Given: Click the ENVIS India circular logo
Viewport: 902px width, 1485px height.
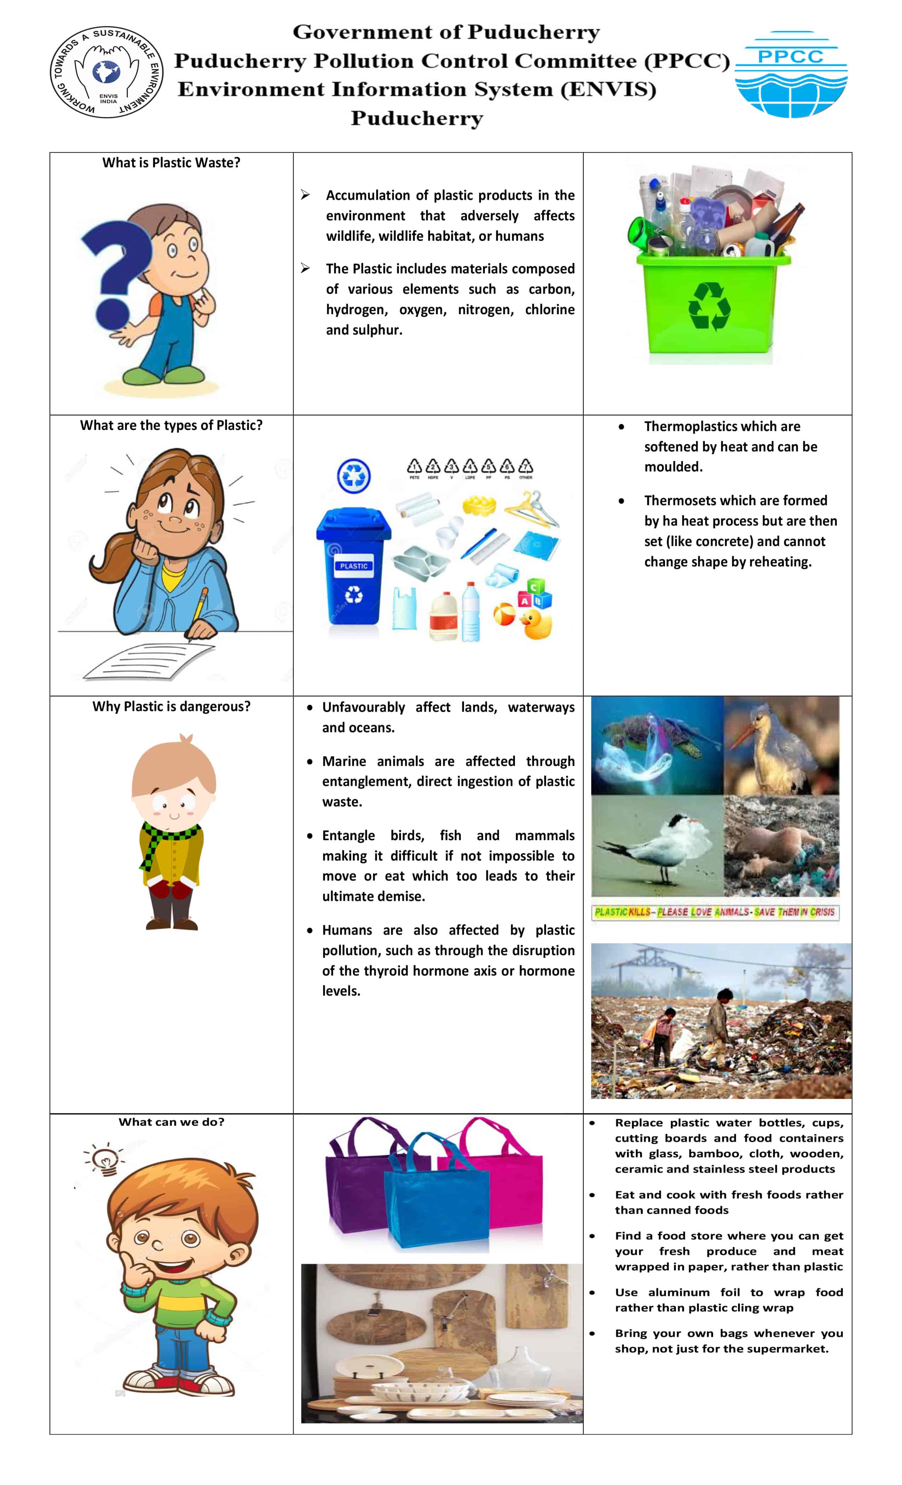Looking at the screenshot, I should [107, 72].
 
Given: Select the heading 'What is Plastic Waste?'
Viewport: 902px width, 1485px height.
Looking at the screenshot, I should [171, 163].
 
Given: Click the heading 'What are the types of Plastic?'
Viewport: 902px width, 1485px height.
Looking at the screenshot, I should [171, 425].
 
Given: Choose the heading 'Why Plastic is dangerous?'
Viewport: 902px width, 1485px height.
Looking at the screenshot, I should [171, 706].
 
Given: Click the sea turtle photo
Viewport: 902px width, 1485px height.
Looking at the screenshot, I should [657, 746].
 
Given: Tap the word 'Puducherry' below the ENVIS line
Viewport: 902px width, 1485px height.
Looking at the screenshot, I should [417, 118].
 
